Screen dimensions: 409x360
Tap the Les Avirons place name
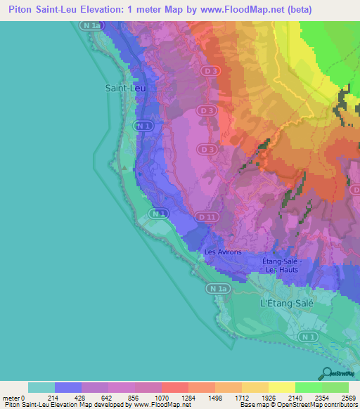223,252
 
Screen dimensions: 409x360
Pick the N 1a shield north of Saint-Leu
91,25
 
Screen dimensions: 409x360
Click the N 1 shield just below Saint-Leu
143,125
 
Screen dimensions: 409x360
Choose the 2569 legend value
348,398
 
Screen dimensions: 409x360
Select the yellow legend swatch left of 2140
281,387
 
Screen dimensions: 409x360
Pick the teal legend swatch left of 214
41,387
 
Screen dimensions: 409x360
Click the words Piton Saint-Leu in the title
41,9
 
